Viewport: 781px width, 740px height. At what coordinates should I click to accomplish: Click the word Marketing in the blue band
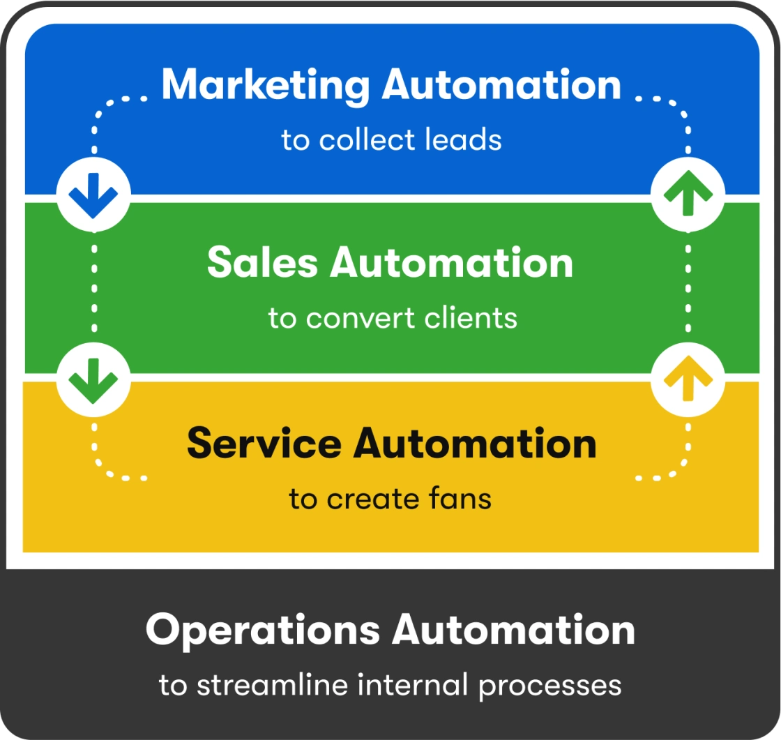pos(266,85)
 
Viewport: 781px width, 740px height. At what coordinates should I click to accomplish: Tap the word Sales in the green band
pos(262,263)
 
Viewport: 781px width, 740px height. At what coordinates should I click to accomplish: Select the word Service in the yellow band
pos(264,444)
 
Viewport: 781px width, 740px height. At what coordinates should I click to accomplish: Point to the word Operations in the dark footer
pos(262,630)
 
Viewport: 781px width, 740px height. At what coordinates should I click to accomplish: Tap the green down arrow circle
pos(93,380)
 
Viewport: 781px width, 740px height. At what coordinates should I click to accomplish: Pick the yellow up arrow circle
pos(688,380)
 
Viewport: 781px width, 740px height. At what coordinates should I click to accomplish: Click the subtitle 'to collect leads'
pos(391,140)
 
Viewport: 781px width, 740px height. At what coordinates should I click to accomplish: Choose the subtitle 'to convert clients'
pos(393,319)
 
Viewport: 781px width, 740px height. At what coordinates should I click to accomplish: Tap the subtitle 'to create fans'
pos(390,499)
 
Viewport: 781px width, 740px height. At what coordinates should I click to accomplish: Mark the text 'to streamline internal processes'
pos(390,684)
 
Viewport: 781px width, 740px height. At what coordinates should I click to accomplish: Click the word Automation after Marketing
pos(501,85)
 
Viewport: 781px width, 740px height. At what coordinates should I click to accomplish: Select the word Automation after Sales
pos(452,263)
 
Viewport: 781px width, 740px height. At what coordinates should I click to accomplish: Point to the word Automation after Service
pos(476,444)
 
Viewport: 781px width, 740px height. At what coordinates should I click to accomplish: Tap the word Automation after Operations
pos(514,630)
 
